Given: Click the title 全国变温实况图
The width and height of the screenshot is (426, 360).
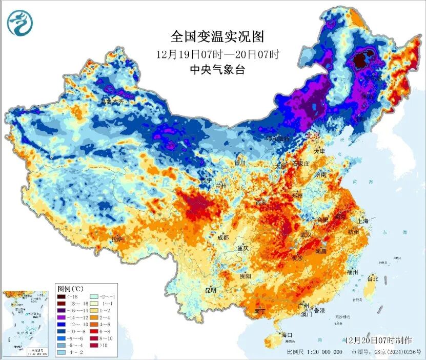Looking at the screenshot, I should tap(217, 37).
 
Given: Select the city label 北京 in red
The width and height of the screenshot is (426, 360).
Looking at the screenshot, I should tap(313, 136).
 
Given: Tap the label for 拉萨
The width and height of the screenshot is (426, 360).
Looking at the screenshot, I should tap(117, 239).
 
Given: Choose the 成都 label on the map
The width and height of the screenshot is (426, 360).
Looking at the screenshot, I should tap(222, 237).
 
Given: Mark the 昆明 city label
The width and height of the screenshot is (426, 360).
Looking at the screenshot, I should tap(211, 290).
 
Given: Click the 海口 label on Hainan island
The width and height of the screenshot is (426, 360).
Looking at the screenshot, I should tap(287, 335).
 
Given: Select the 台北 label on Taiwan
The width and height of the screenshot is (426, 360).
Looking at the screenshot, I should tap(373, 279).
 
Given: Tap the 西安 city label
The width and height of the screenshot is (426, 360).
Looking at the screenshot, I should tap(261, 203).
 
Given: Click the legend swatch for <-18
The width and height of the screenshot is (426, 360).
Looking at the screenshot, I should tap(61, 297).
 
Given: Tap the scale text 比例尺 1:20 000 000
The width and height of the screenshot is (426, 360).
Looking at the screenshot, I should tap(314, 352).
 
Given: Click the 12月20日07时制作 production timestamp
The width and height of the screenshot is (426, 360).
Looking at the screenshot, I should tap(378, 340).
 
